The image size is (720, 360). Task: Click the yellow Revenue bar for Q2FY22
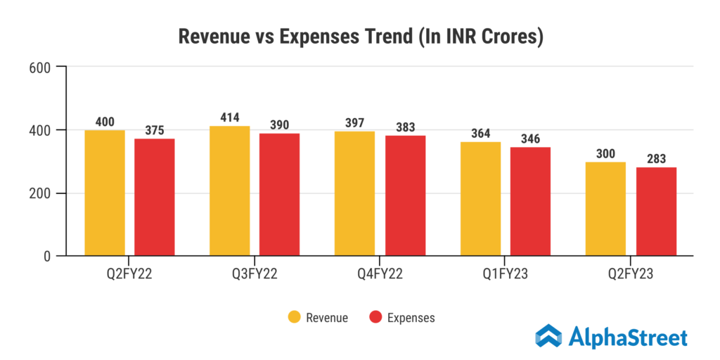tap(105, 193)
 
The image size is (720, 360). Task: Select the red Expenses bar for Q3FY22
tap(280, 195)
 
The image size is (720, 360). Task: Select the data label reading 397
tap(355, 124)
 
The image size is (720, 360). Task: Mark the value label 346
tap(530, 139)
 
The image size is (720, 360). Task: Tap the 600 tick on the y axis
tap(39, 67)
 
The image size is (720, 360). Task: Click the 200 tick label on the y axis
tap(39, 193)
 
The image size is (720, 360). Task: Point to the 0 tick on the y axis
tap(46, 257)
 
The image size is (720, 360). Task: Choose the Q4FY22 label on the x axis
tap(380, 275)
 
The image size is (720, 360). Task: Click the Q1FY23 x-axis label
tap(505, 275)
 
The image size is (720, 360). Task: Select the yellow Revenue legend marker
tap(294, 317)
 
